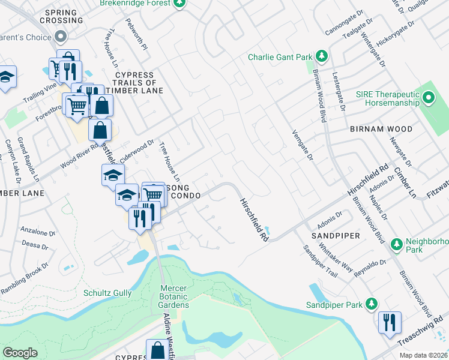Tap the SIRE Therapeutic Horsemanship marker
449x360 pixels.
(429, 97)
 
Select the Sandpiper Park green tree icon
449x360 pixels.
(373, 304)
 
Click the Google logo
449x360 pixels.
(20, 353)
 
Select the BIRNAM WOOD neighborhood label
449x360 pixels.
(381, 129)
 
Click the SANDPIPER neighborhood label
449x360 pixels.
(336, 236)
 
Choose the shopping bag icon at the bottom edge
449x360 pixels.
(158, 350)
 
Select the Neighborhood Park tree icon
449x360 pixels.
(396, 244)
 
